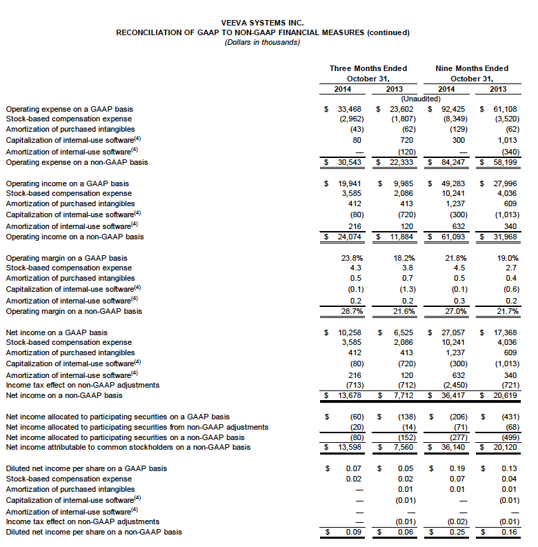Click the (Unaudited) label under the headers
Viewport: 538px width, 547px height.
[422, 99]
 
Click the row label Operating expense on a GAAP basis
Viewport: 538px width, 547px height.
[69, 109]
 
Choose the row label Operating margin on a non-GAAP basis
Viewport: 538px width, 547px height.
[73, 311]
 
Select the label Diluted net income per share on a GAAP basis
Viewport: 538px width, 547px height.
[86, 469]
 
